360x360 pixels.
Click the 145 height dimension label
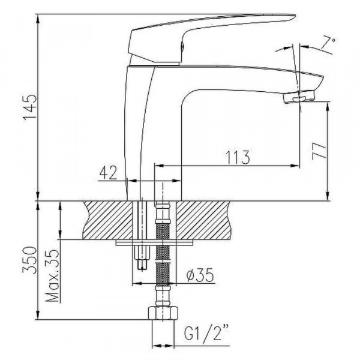[x=30, y=107]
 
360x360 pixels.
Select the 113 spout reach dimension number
[x=237, y=158]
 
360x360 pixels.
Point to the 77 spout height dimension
[x=319, y=151]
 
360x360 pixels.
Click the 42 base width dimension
[x=108, y=173]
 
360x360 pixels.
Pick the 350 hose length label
[x=30, y=260]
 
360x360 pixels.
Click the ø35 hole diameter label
[x=200, y=275]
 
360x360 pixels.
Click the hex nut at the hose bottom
[x=163, y=313]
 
